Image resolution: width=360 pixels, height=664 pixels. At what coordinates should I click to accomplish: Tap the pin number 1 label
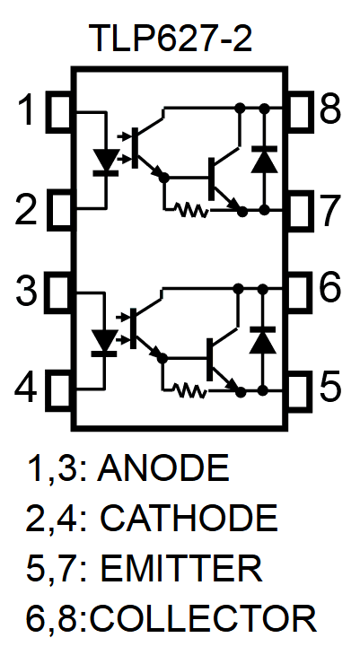click(30, 112)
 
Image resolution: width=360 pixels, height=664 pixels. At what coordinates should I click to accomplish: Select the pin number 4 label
click(28, 390)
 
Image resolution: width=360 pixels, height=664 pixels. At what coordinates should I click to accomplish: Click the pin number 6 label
click(329, 289)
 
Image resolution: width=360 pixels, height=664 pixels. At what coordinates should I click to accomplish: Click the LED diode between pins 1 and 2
click(107, 162)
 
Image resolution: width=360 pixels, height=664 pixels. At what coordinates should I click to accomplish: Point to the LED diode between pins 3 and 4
click(107, 342)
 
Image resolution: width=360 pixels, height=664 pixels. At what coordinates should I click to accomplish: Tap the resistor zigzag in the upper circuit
click(191, 212)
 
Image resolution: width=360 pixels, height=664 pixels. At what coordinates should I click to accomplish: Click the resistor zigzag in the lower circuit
click(189, 390)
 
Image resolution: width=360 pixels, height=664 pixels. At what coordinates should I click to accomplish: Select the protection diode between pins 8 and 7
click(263, 161)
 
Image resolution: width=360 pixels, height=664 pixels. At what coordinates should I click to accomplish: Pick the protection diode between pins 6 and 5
click(263, 340)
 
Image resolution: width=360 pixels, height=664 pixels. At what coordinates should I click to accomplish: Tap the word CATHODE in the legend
click(189, 519)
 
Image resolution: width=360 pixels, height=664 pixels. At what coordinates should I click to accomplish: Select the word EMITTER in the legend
click(181, 568)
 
